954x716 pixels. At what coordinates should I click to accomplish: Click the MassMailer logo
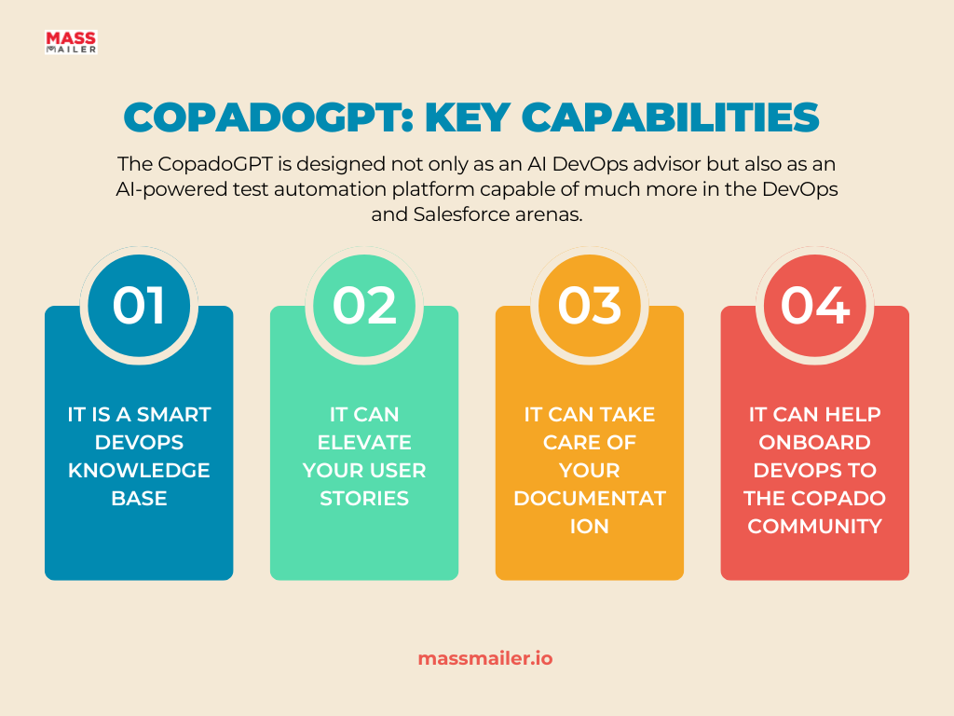(x=71, y=43)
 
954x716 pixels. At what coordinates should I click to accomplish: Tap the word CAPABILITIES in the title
(x=671, y=117)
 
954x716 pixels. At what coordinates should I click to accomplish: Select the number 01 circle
(x=139, y=306)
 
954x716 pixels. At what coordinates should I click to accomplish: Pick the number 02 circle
(x=364, y=306)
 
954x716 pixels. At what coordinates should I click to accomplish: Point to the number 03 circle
(x=590, y=306)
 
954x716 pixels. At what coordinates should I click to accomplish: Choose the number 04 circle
(x=814, y=306)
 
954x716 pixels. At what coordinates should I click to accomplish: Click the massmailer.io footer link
(x=485, y=659)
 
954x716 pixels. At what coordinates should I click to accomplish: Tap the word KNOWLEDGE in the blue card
(x=139, y=471)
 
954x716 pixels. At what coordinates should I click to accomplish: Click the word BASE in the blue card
(x=139, y=499)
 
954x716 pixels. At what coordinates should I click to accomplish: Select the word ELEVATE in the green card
(x=364, y=443)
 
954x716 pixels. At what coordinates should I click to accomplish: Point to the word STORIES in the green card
(x=364, y=499)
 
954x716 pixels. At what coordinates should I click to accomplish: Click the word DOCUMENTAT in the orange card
(x=590, y=499)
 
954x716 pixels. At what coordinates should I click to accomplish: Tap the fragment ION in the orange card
(x=590, y=527)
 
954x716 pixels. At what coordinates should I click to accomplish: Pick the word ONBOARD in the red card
(x=814, y=443)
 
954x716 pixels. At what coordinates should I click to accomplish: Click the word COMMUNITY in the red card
(x=814, y=527)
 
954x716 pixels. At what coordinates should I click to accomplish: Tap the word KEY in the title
(x=468, y=117)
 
